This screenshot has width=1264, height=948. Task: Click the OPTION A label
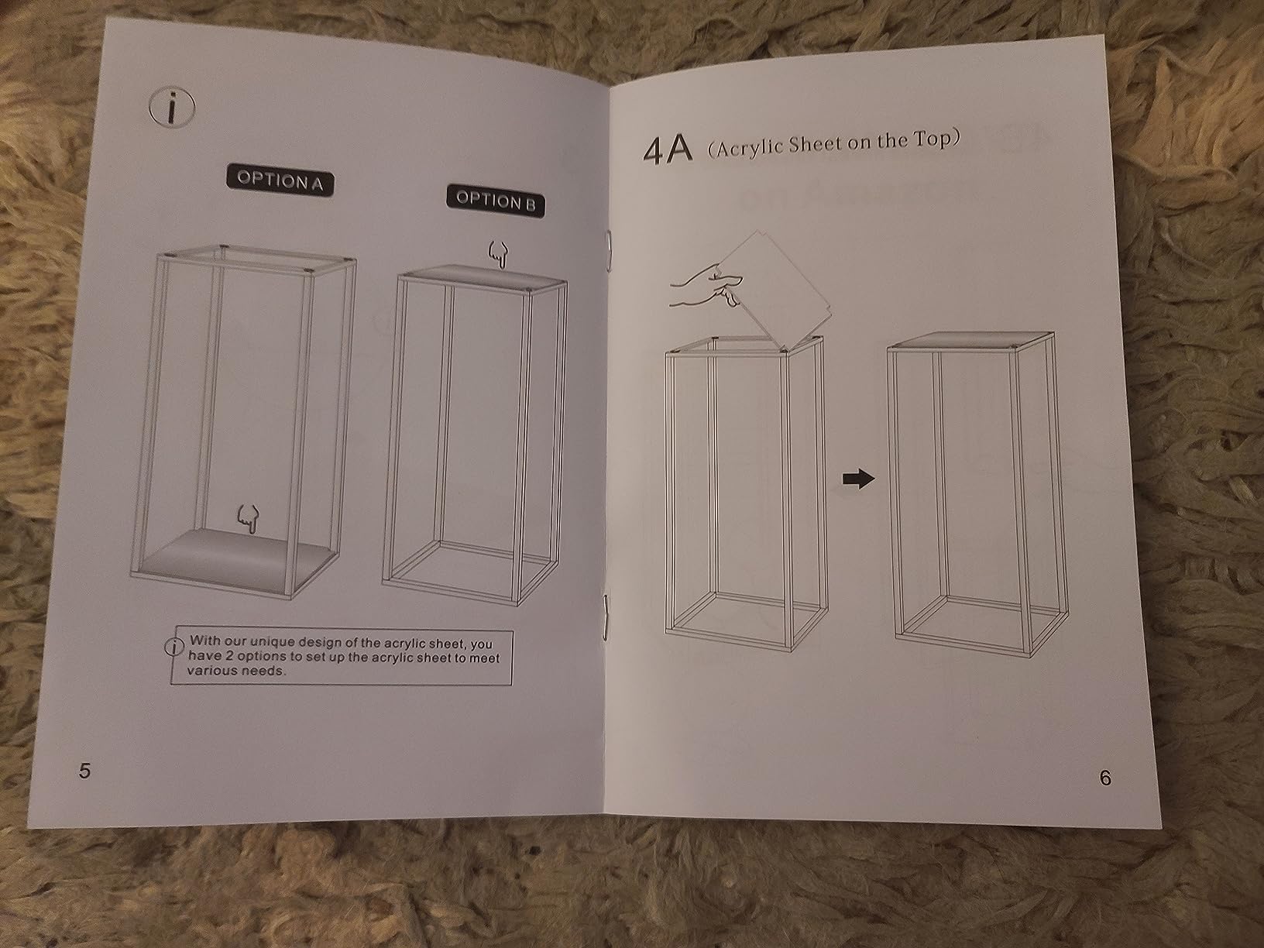point(280,182)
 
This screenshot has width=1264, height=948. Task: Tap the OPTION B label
point(496,201)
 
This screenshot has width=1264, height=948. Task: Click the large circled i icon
point(172,108)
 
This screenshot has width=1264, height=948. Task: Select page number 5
point(84,770)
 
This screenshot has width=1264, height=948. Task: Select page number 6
point(1105,778)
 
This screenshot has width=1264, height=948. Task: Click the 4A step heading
point(667,151)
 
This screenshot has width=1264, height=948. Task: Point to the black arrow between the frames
point(858,479)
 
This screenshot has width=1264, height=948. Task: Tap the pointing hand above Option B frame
point(499,254)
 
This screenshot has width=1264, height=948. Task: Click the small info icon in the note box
point(174,647)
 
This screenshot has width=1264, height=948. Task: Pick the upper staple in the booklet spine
point(608,248)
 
